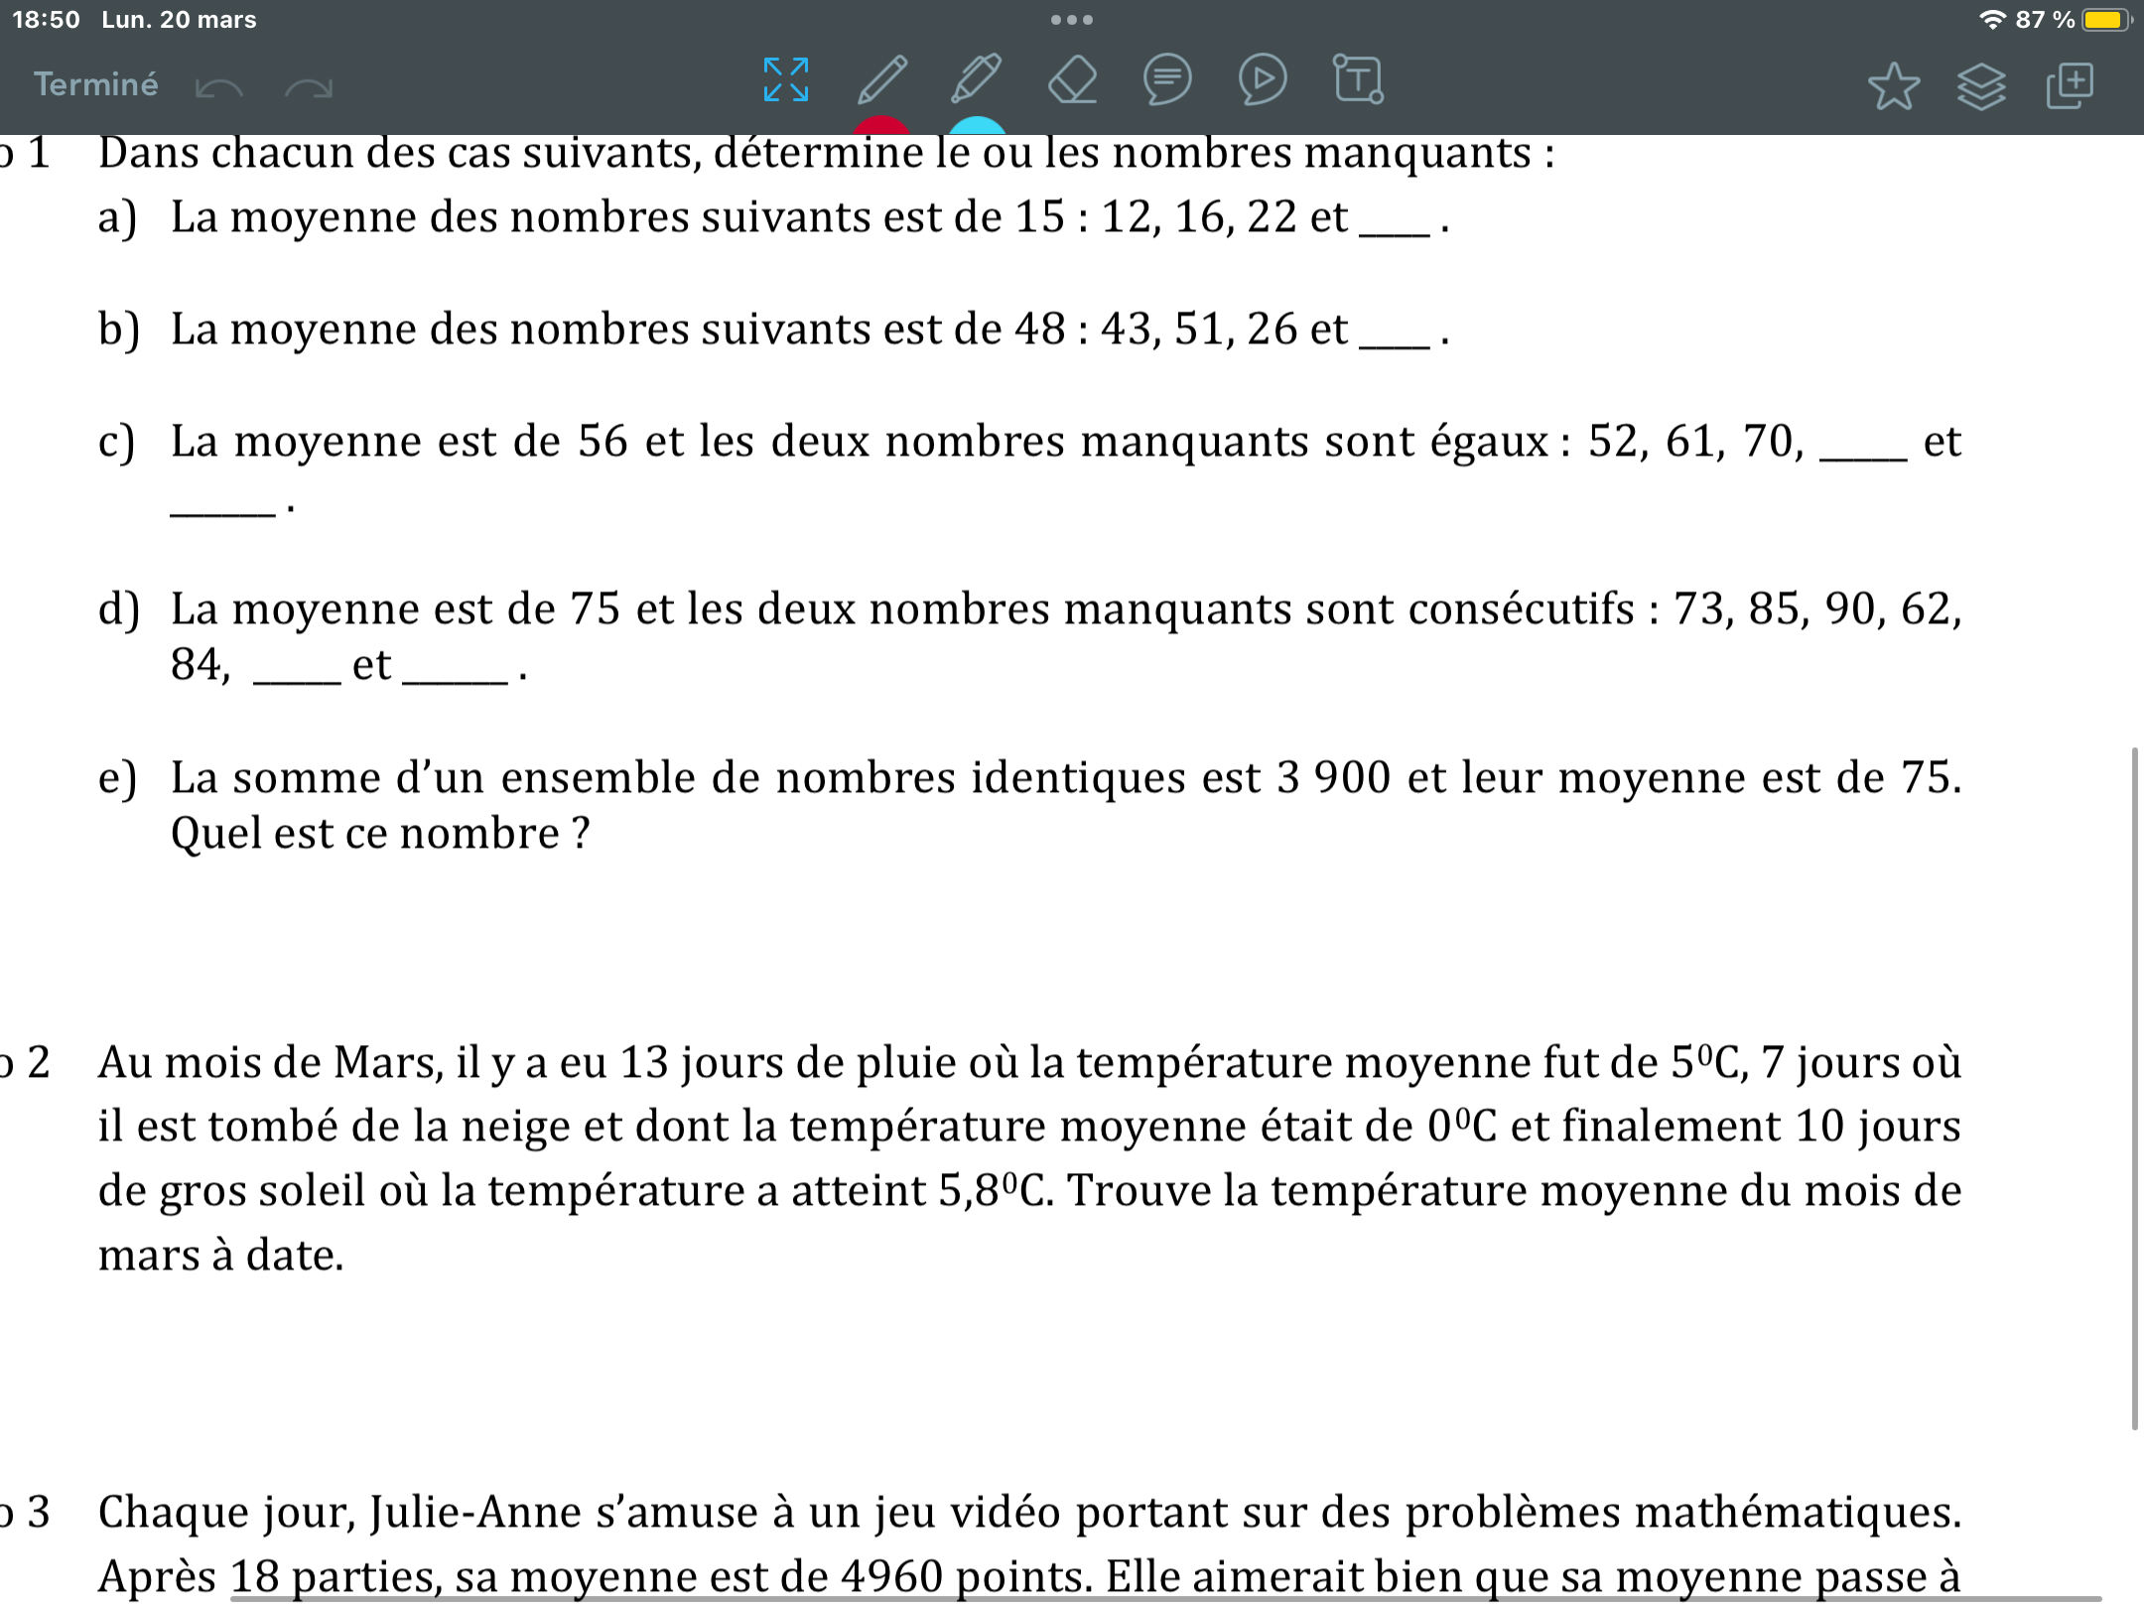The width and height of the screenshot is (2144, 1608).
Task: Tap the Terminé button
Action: click(95, 84)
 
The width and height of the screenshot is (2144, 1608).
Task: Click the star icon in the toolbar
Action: click(1893, 85)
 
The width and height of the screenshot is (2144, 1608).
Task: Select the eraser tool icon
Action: click(1072, 79)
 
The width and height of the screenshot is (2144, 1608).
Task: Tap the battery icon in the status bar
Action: click(2104, 20)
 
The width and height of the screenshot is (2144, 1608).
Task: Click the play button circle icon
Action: click(1263, 79)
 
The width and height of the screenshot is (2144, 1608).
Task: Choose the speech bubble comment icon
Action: click(1167, 79)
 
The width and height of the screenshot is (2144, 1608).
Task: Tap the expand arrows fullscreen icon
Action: click(786, 79)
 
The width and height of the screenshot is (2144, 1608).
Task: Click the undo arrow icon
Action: click(219, 88)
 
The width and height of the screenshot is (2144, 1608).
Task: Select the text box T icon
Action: click(1358, 79)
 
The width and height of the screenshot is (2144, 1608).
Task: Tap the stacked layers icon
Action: click(1981, 86)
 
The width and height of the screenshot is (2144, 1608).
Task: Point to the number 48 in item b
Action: click(1039, 330)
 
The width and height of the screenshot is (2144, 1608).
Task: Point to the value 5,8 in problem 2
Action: click(969, 1191)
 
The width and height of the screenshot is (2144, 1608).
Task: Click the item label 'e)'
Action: click(117, 778)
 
